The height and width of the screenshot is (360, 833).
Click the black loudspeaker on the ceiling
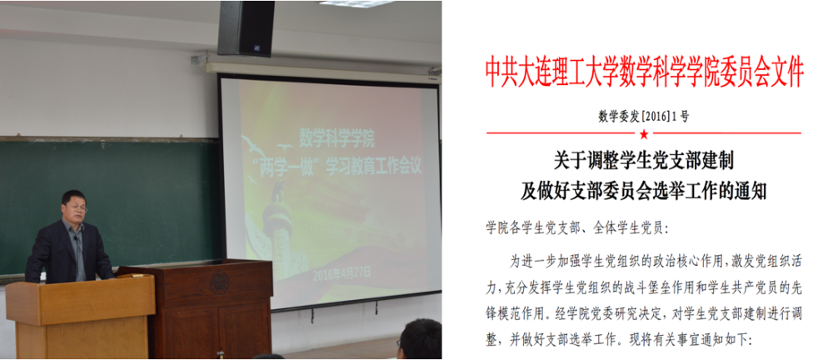[x=246, y=27]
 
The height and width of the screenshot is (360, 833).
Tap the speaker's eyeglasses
[x=77, y=205]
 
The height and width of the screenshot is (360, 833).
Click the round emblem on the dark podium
[x=219, y=282]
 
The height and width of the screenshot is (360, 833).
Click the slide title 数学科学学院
[x=337, y=139]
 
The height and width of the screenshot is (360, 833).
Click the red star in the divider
[x=643, y=133]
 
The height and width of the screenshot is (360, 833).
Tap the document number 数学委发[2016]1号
[x=643, y=115]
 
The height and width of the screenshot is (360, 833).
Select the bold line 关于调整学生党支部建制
[x=643, y=159]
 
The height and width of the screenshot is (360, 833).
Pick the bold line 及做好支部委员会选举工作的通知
[x=643, y=191]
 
